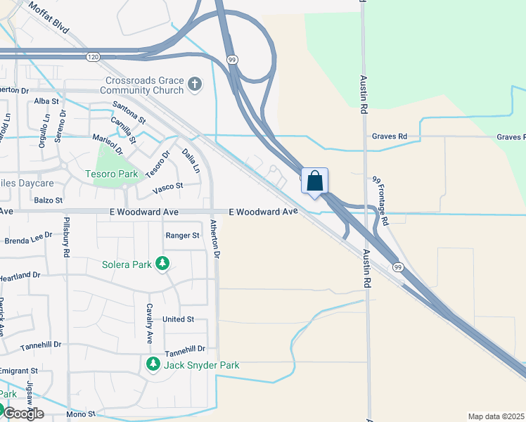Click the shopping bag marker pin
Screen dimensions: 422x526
tap(314, 180)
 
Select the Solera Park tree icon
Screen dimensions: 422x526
tap(163, 264)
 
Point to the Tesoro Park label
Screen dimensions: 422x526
tap(111, 173)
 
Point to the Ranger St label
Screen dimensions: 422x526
tap(182, 236)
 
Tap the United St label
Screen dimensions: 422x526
tap(178, 319)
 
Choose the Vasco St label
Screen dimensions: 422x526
tap(169, 186)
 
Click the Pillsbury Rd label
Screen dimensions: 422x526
tap(68, 238)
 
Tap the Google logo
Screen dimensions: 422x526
tap(23, 413)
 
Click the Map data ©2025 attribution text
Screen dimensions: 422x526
tap(496, 416)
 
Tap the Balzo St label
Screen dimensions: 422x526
tap(49, 200)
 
